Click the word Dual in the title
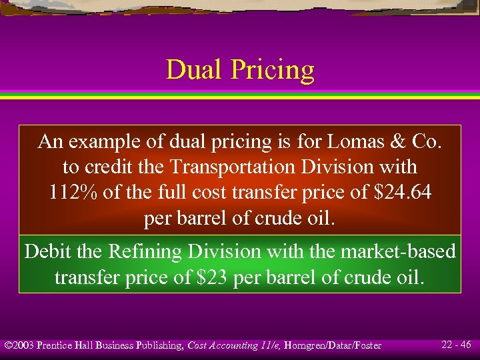192,69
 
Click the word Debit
52,251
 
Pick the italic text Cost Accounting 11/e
232,345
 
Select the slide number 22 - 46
456,345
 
